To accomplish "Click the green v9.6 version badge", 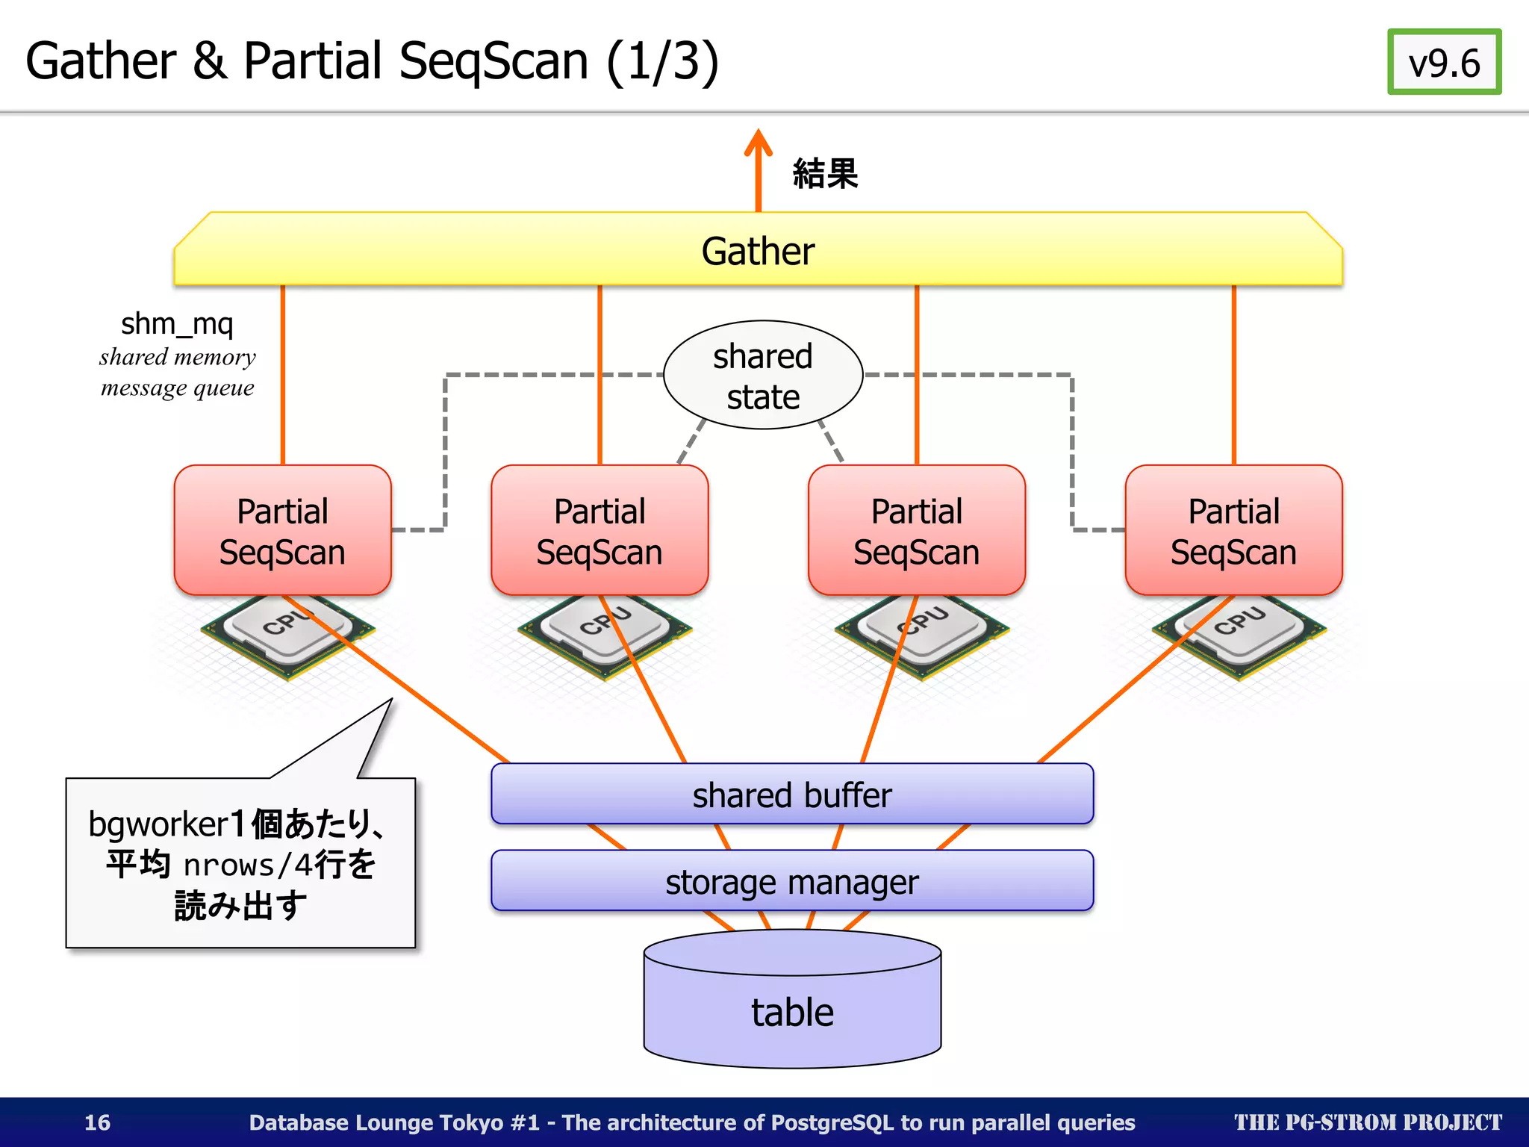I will (x=1443, y=62).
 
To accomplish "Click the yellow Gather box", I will (x=758, y=251).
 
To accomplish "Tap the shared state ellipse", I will (x=762, y=376).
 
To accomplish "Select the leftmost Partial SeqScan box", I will (x=282, y=531).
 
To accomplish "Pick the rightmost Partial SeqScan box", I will (x=1233, y=531).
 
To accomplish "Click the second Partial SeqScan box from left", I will (x=599, y=531).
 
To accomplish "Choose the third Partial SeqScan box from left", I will (x=916, y=531).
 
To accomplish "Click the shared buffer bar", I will (x=791, y=795).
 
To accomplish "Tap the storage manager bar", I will (x=791, y=881).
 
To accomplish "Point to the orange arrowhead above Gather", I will (x=758, y=142).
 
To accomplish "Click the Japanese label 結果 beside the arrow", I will (x=825, y=173).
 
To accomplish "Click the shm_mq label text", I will (x=177, y=324).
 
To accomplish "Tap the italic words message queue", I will (x=177, y=388).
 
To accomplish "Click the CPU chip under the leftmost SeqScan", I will (x=287, y=635).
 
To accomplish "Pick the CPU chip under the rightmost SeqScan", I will (x=1239, y=635).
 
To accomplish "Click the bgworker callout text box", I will (x=240, y=863).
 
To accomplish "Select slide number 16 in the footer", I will (x=97, y=1122).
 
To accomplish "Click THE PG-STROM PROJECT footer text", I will (x=1367, y=1122).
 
